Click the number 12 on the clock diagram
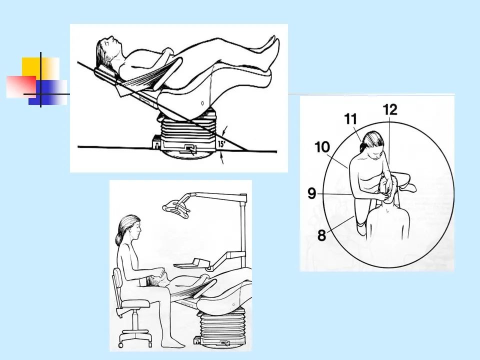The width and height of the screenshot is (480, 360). click(390, 109)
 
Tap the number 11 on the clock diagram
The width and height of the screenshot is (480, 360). click(350, 119)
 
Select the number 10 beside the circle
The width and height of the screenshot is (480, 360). click(322, 147)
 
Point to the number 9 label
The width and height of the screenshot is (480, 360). click(311, 193)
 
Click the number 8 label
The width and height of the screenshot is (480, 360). click(321, 235)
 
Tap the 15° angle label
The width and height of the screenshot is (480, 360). click(221, 143)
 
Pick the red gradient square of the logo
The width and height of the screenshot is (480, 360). click(21, 86)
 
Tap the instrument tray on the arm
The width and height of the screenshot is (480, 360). click(192, 264)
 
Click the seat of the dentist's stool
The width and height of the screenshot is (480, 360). click(135, 303)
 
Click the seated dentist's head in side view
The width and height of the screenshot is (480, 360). click(129, 228)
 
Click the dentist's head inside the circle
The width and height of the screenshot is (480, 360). click(371, 143)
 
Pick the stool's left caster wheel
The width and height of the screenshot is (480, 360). click(120, 345)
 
